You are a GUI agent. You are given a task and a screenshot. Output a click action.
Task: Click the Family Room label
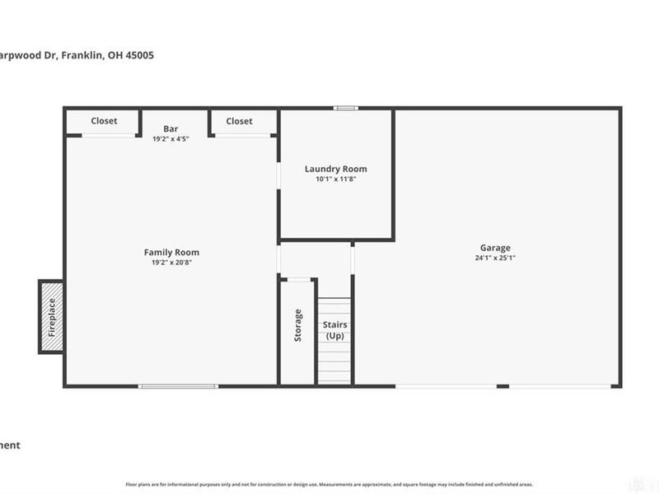(x=171, y=253)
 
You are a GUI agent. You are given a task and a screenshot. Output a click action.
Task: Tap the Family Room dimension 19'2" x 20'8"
(x=171, y=263)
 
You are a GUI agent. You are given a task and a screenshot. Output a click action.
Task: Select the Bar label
(x=171, y=128)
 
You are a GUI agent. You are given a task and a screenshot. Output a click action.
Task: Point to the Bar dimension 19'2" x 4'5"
(x=171, y=138)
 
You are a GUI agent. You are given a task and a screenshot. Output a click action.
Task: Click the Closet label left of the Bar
(x=104, y=121)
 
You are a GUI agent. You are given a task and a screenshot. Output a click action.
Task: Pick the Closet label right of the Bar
(x=239, y=121)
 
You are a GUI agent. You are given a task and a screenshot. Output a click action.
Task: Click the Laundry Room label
(x=335, y=169)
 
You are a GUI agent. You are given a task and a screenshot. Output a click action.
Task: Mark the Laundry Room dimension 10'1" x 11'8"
(x=335, y=179)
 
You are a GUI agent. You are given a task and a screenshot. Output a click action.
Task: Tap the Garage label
(x=496, y=248)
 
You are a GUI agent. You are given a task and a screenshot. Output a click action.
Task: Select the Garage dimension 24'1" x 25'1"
(x=496, y=258)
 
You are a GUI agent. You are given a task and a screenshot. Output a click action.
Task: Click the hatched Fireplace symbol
(x=51, y=317)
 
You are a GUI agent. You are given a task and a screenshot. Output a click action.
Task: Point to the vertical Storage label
(x=298, y=325)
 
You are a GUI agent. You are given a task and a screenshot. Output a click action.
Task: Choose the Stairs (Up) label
(x=334, y=330)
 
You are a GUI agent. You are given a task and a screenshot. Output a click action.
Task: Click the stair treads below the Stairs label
(x=334, y=362)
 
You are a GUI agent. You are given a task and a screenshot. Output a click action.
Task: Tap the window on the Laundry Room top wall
(x=346, y=108)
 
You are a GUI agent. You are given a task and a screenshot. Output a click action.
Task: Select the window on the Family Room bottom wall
(x=178, y=385)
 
